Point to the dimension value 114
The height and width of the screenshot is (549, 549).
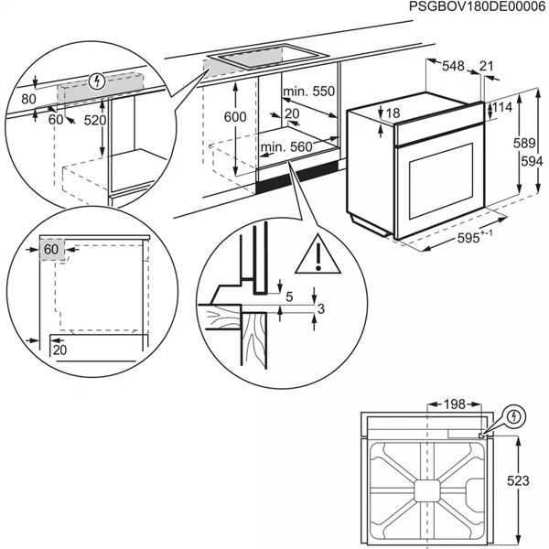click(x=502, y=108)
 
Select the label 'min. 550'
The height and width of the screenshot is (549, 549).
click(x=307, y=91)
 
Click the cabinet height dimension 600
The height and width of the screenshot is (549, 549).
click(x=235, y=117)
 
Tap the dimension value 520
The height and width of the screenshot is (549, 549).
click(x=94, y=120)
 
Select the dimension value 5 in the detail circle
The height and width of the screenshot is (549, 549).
click(x=288, y=296)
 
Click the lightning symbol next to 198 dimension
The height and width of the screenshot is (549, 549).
click(x=515, y=416)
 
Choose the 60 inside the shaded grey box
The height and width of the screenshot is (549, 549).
click(x=50, y=249)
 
